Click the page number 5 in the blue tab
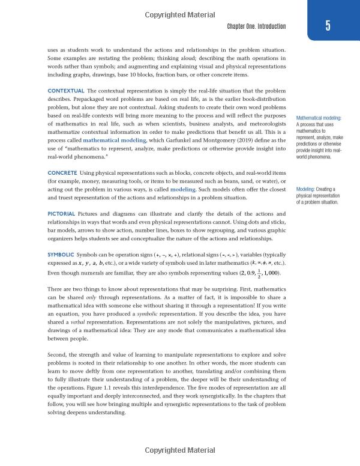pos(328,25)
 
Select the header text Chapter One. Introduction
pos(256,26)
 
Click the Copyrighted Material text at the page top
pos(180,6)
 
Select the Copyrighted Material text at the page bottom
pos(180,450)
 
